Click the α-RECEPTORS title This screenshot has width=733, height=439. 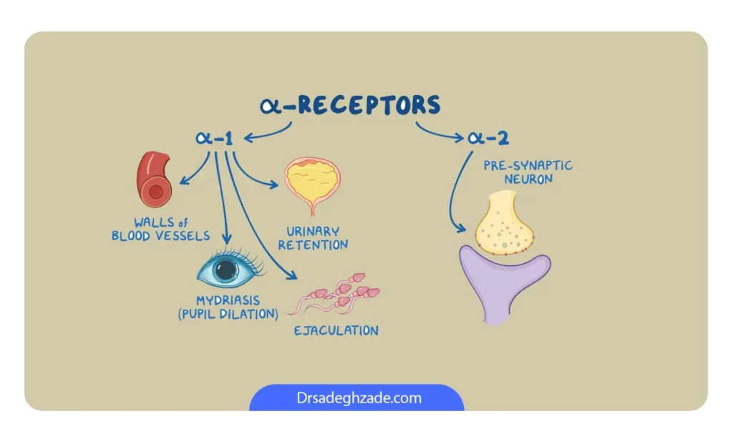tap(350, 104)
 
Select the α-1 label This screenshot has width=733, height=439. tap(214, 138)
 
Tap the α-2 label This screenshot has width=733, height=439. tap(488, 137)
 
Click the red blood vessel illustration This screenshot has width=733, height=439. tap(154, 179)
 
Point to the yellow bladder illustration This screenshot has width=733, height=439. tap(313, 184)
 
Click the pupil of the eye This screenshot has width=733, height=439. tap(225, 270)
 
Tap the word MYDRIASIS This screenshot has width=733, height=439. tap(228, 300)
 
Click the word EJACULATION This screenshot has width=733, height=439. tap(336, 330)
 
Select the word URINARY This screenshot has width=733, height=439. tap(313, 231)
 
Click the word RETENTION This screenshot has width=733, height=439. tap(313, 245)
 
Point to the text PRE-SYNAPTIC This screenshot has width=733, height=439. tap(528, 165)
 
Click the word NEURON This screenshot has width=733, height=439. tap(528, 179)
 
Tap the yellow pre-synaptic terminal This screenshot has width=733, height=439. tap(504, 224)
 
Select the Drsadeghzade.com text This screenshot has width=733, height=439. tap(359, 398)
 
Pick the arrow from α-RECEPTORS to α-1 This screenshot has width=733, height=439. tap(270, 134)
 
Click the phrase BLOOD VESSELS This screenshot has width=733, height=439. tap(160, 236)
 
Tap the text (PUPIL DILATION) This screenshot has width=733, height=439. tap(228, 314)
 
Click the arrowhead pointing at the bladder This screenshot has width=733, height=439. tap(273, 184)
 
